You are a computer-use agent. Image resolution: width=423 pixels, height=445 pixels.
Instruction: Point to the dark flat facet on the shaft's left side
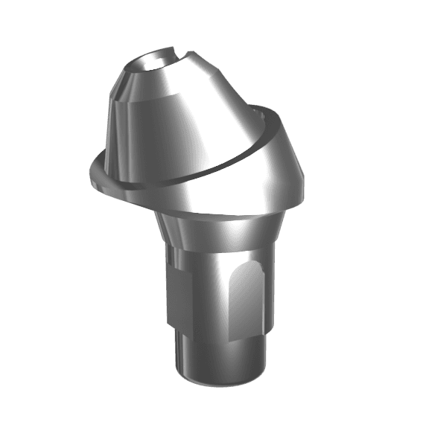click(175, 298)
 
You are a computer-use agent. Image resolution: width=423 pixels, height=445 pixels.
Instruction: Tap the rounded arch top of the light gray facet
click(246, 269)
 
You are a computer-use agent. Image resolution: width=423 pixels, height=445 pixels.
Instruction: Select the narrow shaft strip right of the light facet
click(266, 305)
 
